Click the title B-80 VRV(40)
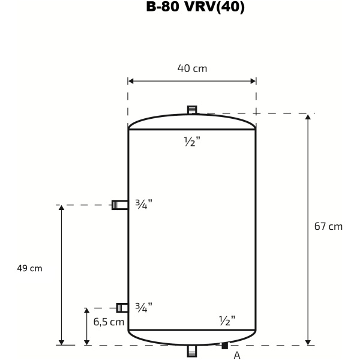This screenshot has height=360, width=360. (x=196, y=7)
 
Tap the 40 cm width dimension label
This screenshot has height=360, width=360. (x=192, y=68)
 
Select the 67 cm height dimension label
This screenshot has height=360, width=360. (x=328, y=226)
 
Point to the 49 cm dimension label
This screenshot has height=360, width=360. (x=29, y=268)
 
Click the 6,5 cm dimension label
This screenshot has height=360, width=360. (x=109, y=322)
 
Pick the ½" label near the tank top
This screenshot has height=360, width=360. (x=192, y=141)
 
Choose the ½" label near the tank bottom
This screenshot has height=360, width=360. (x=227, y=320)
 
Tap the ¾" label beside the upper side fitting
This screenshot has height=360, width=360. (x=144, y=204)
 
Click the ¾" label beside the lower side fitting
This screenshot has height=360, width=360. (x=144, y=307)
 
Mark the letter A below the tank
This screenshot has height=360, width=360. (x=237, y=355)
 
